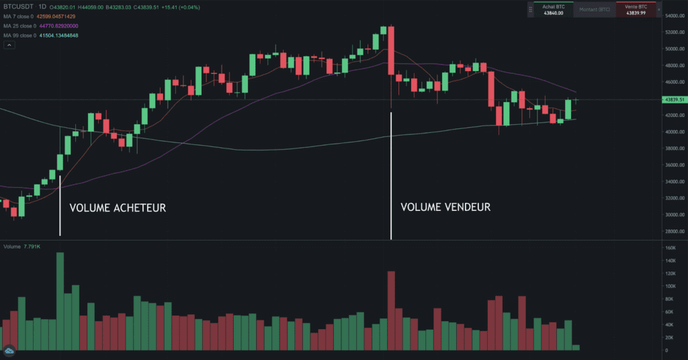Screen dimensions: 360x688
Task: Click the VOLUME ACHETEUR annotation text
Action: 118,208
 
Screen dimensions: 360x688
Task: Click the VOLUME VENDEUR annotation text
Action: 445,207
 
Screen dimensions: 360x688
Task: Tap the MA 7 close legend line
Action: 40,16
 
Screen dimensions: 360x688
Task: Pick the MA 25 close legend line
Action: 41,26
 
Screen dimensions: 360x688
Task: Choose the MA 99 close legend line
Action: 41,35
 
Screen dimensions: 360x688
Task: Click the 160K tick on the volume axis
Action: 669,248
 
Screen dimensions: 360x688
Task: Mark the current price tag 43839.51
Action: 674,99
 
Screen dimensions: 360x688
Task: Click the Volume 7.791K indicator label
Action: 22,247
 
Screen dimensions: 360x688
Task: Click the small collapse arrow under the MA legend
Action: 9,45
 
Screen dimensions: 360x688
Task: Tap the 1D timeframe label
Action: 42,6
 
